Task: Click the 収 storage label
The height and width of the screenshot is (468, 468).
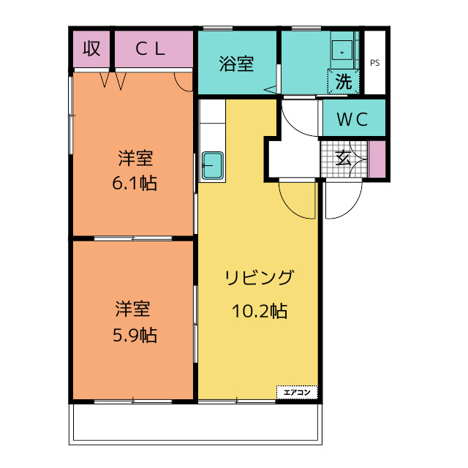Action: click(x=91, y=49)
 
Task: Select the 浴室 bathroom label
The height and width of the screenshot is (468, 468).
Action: click(x=236, y=64)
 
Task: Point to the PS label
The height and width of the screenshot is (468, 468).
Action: click(x=374, y=63)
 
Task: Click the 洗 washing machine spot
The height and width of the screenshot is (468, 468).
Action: click(x=343, y=82)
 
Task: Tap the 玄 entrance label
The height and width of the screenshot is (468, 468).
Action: click(x=342, y=157)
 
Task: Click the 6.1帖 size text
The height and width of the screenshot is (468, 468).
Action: click(x=134, y=183)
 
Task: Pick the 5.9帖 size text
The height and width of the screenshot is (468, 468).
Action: click(x=134, y=335)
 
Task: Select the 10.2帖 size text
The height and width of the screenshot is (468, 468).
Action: click(x=259, y=311)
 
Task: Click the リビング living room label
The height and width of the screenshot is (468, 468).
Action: click(x=259, y=278)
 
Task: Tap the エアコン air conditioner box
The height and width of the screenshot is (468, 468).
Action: click(x=297, y=393)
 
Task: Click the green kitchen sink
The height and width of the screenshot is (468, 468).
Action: click(x=213, y=167)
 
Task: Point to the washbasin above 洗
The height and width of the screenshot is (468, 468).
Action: click(x=342, y=51)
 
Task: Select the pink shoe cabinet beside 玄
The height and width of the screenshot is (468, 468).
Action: click(x=377, y=159)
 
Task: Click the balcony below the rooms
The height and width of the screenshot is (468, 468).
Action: click(x=195, y=423)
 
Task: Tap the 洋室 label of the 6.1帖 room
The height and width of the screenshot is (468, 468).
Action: click(x=134, y=157)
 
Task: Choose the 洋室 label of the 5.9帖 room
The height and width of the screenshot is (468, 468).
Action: click(x=134, y=309)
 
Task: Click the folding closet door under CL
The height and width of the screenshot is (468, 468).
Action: click(x=113, y=80)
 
